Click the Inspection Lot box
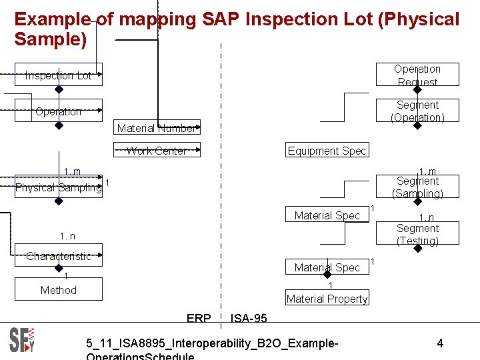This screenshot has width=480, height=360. click(x=59, y=75)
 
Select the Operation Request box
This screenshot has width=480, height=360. click(x=417, y=75)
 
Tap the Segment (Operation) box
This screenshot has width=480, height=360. click(x=417, y=111)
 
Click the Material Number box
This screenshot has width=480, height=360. click(x=157, y=128)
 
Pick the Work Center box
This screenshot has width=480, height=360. click(x=157, y=151)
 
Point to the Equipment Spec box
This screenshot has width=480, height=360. click(x=327, y=151)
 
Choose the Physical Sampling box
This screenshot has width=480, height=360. click(x=59, y=187)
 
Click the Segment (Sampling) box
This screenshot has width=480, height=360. click(x=417, y=187)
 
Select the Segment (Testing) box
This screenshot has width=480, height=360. click(x=417, y=235)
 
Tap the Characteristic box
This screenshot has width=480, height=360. click(x=59, y=256)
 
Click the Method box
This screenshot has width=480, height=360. click(x=59, y=290)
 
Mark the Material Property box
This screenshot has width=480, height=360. click(x=327, y=299)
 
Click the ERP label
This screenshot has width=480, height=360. click(x=199, y=319)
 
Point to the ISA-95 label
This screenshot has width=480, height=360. click(x=249, y=319)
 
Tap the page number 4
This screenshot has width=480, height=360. click(x=440, y=343)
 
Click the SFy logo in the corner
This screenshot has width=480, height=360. click(x=22, y=340)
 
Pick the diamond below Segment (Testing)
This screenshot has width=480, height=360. click(x=417, y=249)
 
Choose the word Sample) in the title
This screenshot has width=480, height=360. click(x=51, y=39)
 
